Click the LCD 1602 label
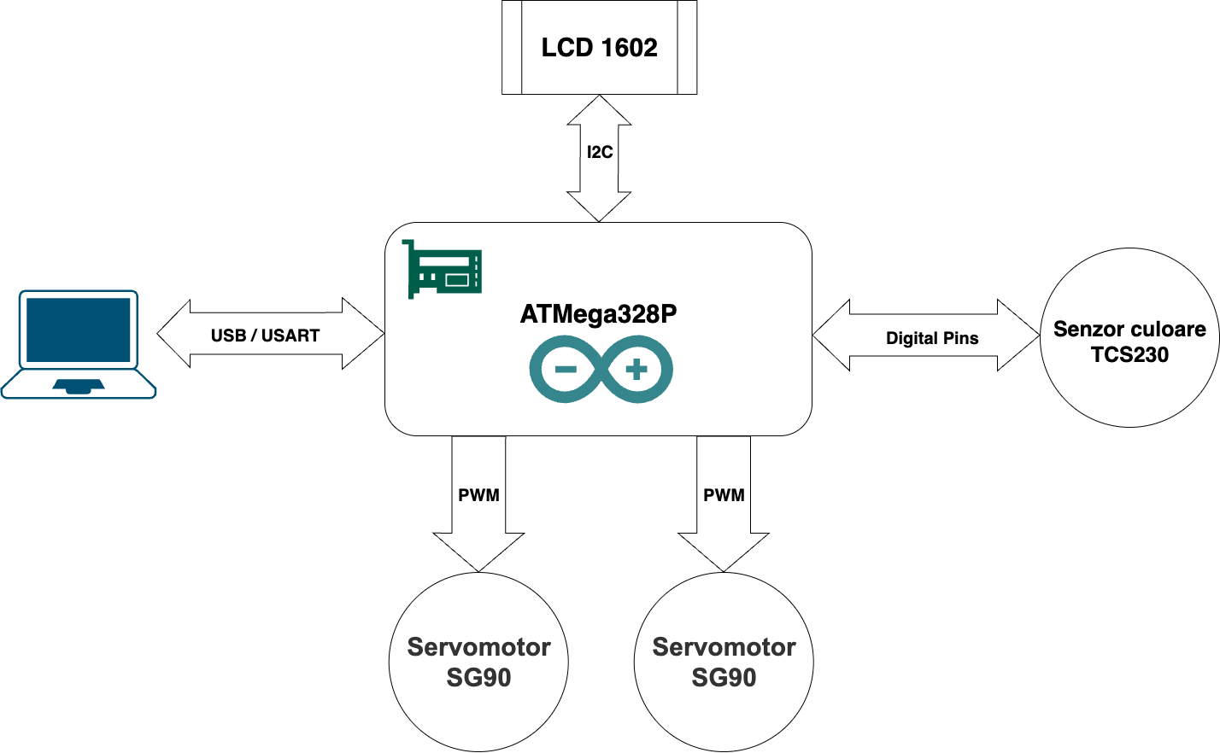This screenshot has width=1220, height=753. point(599,48)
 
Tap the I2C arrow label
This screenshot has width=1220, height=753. point(599,153)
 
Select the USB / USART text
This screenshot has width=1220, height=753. point(265,336)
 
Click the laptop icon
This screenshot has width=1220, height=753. point(79,344)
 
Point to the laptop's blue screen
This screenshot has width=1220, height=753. point(79,329)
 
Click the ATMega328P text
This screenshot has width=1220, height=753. point(598,314)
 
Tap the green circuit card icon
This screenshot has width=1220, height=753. point(442,269)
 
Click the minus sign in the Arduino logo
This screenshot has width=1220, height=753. point(566,370)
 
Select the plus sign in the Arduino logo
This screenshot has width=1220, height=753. point(636,370)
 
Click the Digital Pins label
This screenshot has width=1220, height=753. point(931,338)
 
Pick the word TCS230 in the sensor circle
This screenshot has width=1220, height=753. point(1129,355)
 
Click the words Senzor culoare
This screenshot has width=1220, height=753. point(1129,330)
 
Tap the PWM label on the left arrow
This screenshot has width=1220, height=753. point(478,495)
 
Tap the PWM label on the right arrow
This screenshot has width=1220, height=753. point(724,495)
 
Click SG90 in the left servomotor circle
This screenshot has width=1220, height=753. point(478,678)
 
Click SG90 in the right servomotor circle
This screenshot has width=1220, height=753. point(724,678)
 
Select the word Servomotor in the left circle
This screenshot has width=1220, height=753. point(478,647)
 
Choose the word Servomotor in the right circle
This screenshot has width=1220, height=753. point(724,647)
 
